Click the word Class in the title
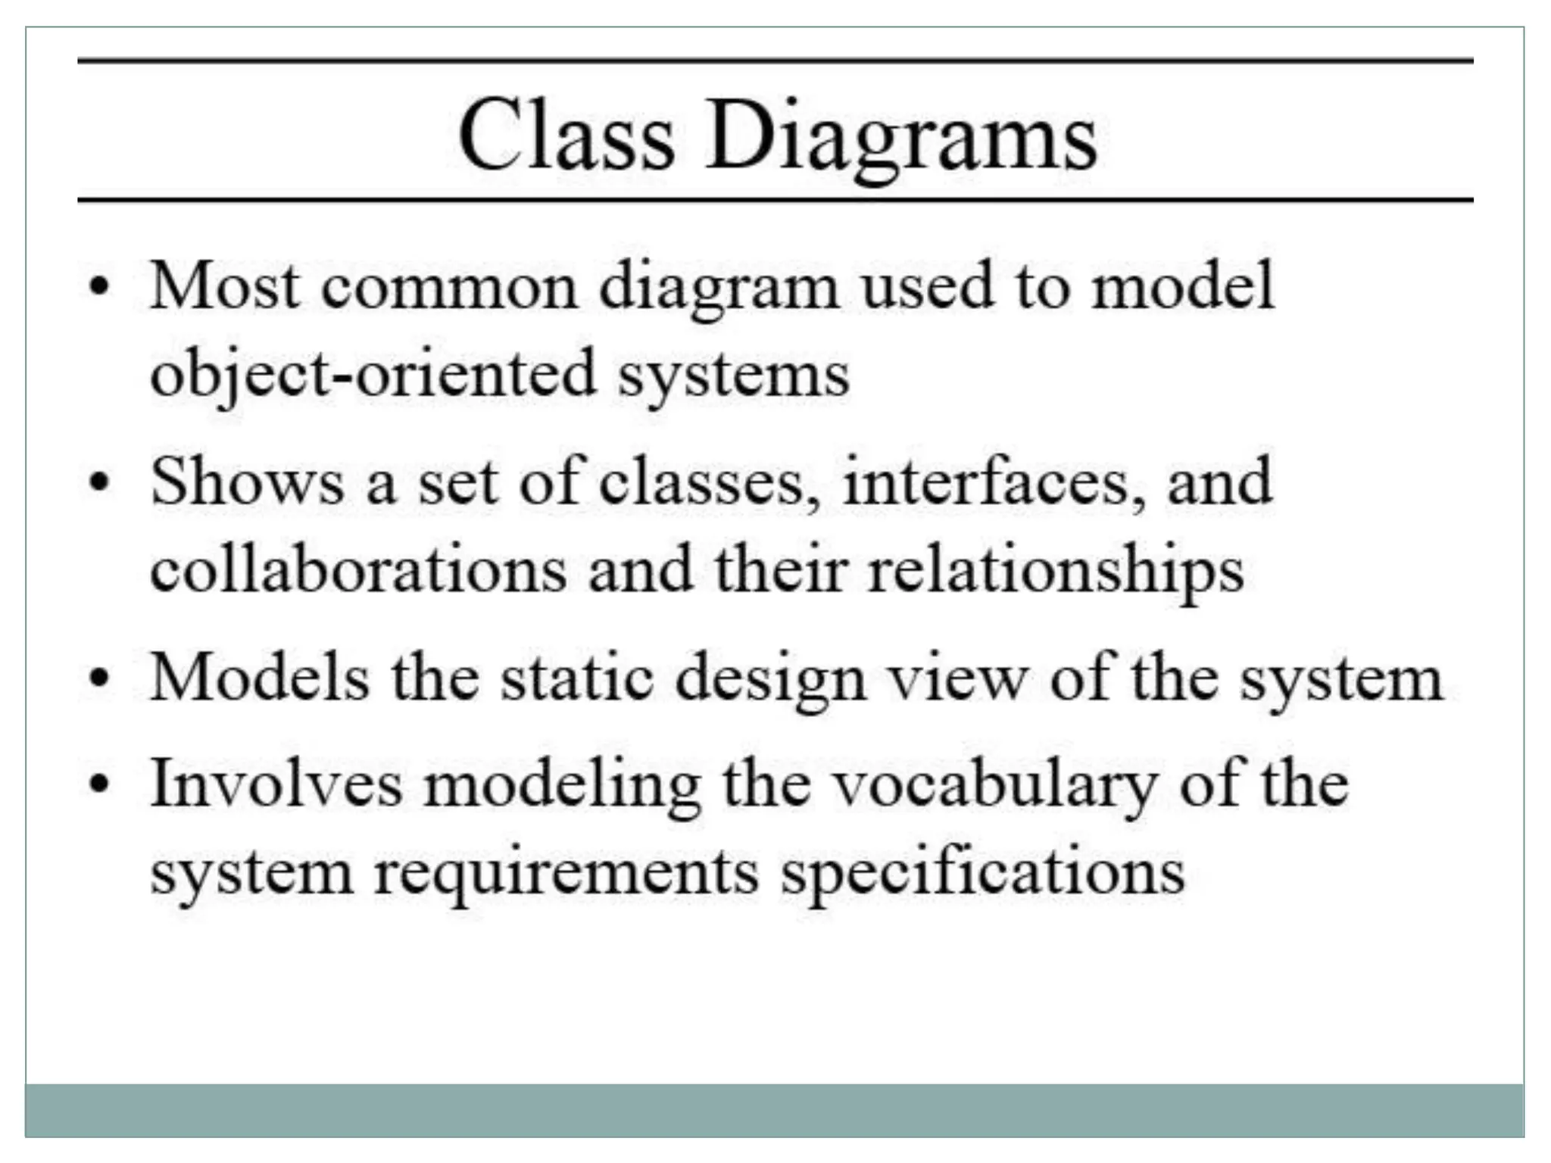[566, 136]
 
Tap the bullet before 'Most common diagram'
[99, 288]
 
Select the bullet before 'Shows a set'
[99, 482]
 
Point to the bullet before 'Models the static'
[99, 678]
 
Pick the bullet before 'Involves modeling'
[99, 784]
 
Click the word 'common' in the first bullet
[450, 288]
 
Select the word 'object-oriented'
[373, 374]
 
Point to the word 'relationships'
[1056, 572]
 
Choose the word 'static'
[577, 678]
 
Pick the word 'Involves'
[276, 784]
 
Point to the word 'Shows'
[247, 482]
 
